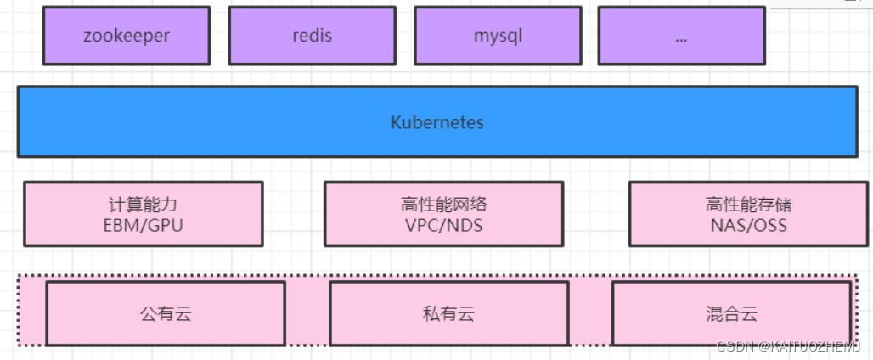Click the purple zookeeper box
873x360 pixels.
126,36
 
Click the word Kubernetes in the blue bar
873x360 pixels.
436,122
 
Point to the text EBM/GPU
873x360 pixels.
143,225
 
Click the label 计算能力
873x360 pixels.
143,205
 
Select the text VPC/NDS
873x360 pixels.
443,225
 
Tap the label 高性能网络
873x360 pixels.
443,205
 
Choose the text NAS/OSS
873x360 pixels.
748,225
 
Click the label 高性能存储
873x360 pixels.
748,205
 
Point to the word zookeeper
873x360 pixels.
126,36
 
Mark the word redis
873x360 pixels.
312,36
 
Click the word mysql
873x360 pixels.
497,36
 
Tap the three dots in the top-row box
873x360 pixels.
681,38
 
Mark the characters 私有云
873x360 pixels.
448,314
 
